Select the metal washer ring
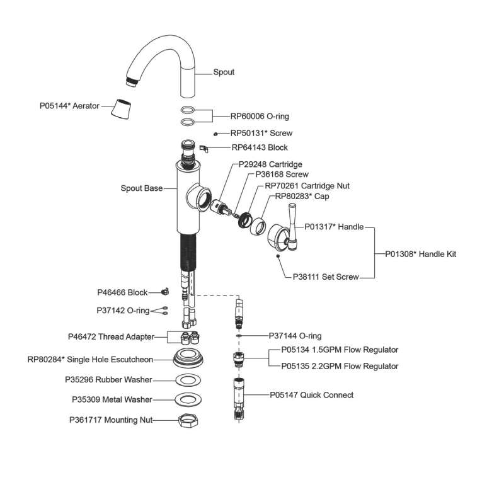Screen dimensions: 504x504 (188, 399)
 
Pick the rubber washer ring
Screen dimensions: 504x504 (188, 381)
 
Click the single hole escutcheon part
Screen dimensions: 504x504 (188, 358)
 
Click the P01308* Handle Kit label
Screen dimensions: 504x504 (420, 255)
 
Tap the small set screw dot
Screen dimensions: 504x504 (277, 256)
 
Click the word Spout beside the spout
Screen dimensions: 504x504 (224, 72)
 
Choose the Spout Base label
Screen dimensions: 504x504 (142, 188)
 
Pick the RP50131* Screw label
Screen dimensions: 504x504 (261, 134)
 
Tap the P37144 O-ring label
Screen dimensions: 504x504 (295, 336)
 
